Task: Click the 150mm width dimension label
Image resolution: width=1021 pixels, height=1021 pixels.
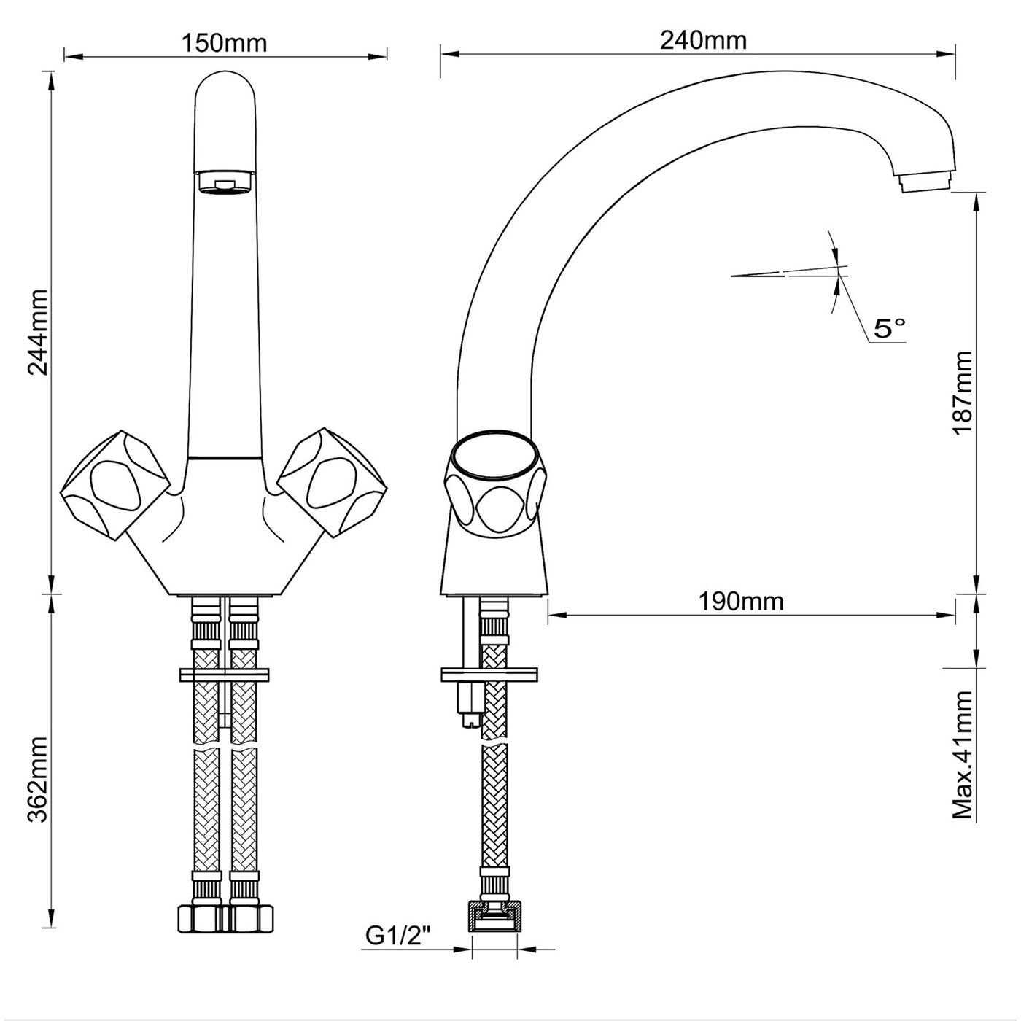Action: click(x=224, y=43)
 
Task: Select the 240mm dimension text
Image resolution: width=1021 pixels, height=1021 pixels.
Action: click(x=703, y=40)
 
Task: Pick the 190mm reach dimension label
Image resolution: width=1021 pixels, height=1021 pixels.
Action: click(x=741, y=602)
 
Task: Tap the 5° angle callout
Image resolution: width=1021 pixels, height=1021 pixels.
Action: click(x=889, y=328)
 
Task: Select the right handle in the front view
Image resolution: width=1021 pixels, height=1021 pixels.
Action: click(x=333, y=483)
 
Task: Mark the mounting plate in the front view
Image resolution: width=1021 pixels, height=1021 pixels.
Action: click(x=225, y=675)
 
